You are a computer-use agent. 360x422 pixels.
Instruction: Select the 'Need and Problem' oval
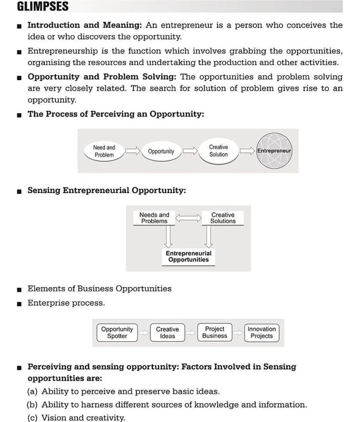click(104, 151)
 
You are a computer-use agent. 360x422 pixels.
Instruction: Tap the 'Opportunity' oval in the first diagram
click(161, 151)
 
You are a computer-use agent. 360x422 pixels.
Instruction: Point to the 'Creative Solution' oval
click(218, 151)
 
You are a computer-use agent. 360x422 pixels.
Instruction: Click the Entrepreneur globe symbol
click(274, 151)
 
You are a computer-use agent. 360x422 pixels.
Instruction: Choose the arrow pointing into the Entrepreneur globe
click(247, 151)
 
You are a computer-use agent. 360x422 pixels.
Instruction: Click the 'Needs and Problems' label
click(154, 218)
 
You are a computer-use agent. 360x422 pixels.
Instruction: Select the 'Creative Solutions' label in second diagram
click(222, 218)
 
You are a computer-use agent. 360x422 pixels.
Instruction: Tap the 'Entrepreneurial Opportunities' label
click(188, 256)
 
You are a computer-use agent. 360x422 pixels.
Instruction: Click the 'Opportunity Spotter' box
click(117, 332)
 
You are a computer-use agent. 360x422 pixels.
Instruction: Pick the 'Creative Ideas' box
click(167, 332)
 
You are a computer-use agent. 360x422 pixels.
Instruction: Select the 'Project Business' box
click(215, 332)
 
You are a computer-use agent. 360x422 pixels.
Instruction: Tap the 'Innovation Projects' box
click(261, 332)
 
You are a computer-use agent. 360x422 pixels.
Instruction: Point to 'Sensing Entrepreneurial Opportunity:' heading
click(106, 190)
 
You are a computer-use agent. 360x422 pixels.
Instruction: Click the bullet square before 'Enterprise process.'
click(19, 304)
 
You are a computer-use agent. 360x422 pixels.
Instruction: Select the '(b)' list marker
click(32, 405)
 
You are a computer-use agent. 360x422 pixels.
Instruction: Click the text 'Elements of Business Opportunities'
click(99, 289)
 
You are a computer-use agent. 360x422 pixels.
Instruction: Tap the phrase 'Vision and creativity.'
click(83, 418)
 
